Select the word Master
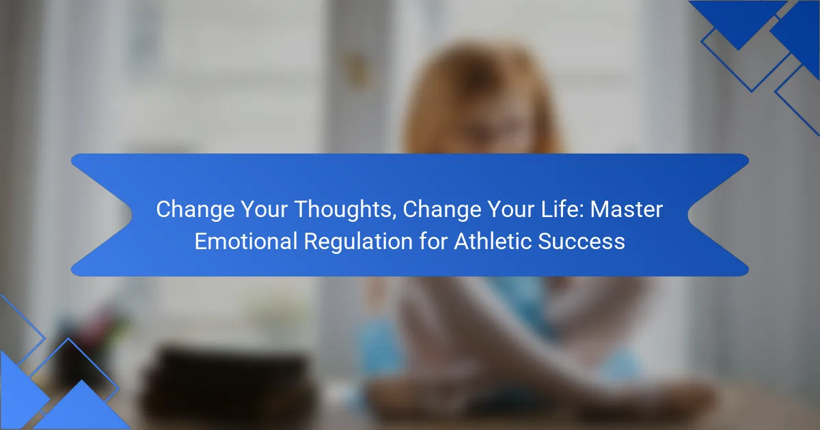pyautogui.click(x=627, y=209)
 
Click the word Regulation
pyautogui.click(x=359, y=242)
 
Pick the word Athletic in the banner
pyautogui.click(x=493, y=241)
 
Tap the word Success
pyautogui.click(x=582, y=242)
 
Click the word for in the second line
pyautogui.click(x=433, y=241)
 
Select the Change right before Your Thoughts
pyautogui.click(x=195, y=210)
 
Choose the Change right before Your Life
pyautogui.click(x=442, y=210)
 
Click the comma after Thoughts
pyautogui.click(x=396, y=217)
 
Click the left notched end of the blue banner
pyautogui.click(x=132, y=214)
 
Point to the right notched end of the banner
pyautogui.click(x=688, y=214)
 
